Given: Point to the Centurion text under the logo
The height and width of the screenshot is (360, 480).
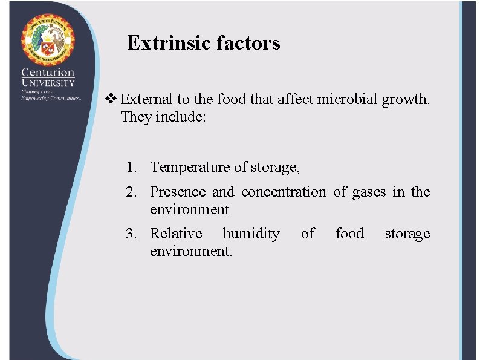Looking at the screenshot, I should click(x=48, y=72).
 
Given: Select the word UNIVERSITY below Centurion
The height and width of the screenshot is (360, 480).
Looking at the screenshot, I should click(x=48, y=82).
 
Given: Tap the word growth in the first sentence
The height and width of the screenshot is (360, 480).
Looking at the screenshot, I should click(x=404, y=99).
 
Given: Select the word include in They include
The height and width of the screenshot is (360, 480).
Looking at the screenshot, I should click(x=181, y=117).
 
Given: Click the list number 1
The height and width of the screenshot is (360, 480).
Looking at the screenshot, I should click(x=131, y=167).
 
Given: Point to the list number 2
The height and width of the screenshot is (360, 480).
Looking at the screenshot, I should click(x=131, y=192).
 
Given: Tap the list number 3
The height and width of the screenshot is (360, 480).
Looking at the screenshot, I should click(x=131, y=234).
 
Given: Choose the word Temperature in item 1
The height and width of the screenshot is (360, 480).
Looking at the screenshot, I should click(x=190, y=167).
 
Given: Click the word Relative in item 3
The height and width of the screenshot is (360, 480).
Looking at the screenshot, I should click(x=176, y=234).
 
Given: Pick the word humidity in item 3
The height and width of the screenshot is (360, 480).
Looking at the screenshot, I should click(x=251, y=234).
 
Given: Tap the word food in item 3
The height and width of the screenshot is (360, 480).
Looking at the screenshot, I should click(x=349, y=234).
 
